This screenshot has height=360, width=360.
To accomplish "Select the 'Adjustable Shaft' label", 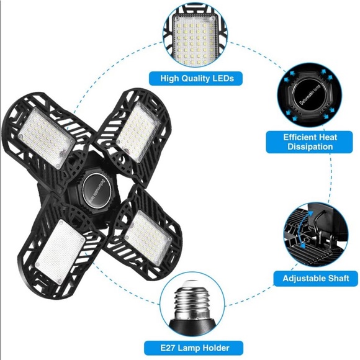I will click(x=316, y=279).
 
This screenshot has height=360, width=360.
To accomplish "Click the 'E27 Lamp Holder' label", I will click(x=194, y=348).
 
